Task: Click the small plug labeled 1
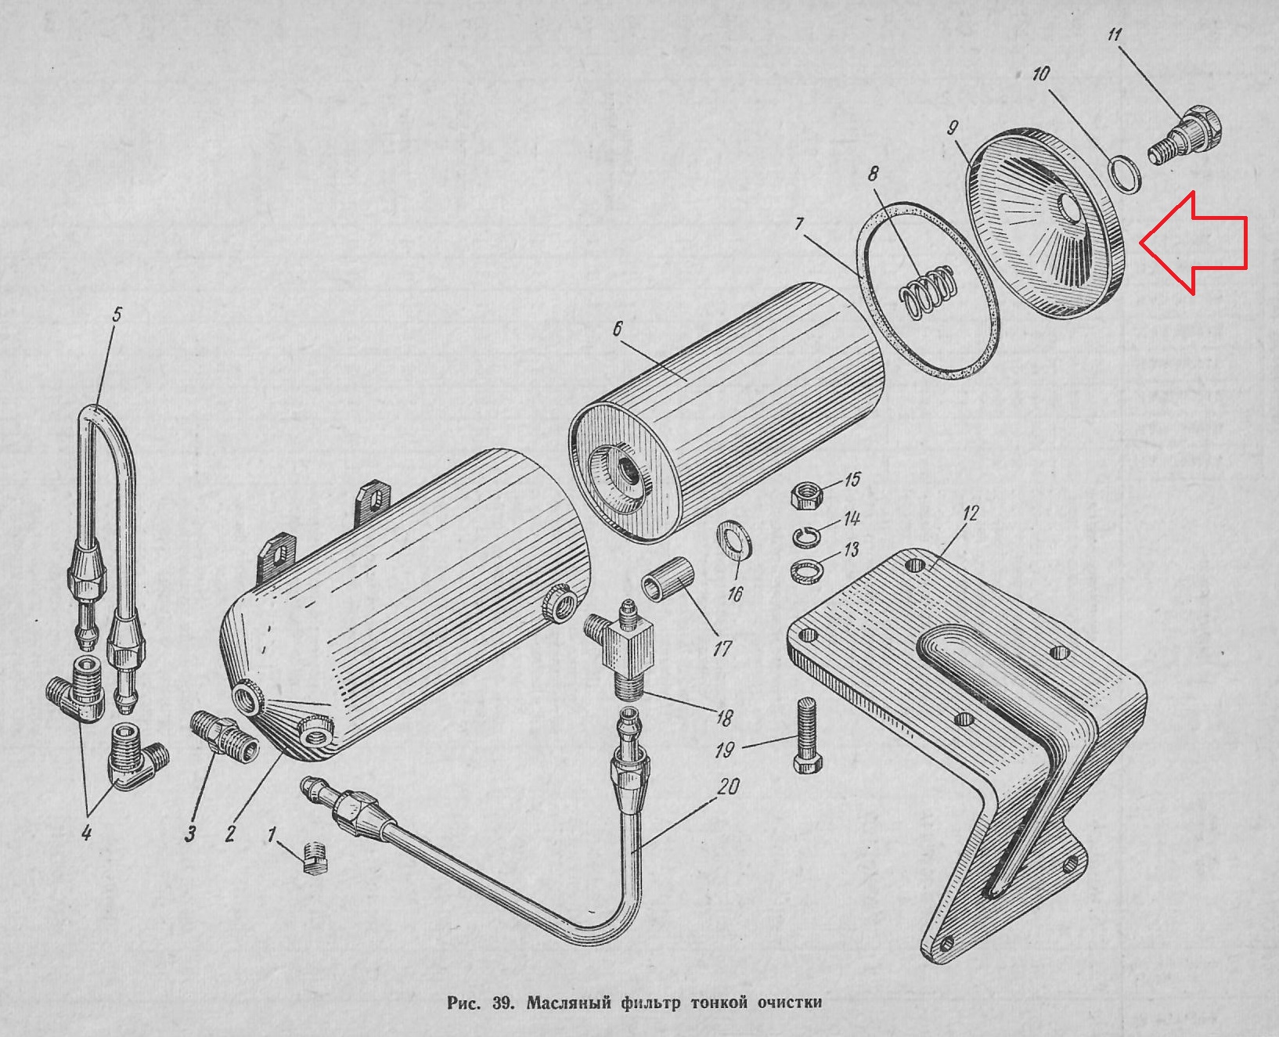[x=315, y=859]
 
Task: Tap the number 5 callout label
[x=117, y=315]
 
